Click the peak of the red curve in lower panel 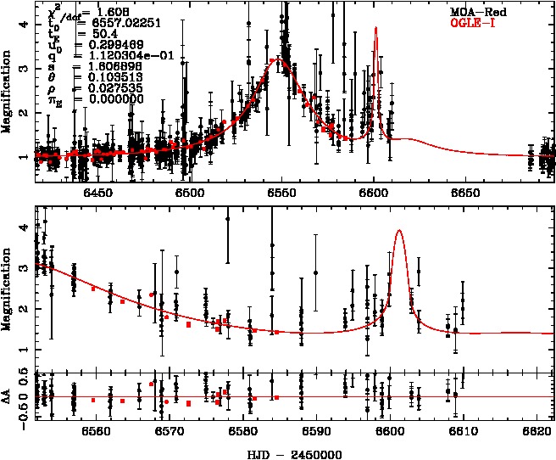(x=398, y=231)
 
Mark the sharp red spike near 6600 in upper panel (x=375, y=28)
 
